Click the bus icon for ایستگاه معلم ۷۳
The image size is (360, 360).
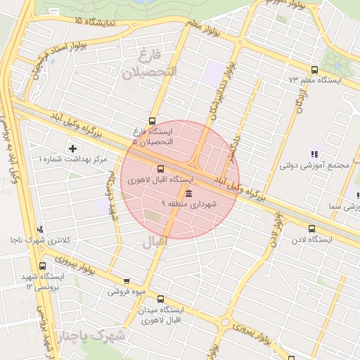[314, 70]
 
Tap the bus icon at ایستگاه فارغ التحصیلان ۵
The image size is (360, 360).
[153, 121]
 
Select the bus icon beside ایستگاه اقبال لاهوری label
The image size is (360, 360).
[161, 169]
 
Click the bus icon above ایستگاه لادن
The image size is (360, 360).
[311, 229]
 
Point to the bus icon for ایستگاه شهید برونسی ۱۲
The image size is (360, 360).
[43, 266]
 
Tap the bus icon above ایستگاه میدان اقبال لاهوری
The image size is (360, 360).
[160, 299]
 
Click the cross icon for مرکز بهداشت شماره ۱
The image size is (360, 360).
[72, 148]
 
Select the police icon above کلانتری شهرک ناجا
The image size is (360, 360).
[40, 229]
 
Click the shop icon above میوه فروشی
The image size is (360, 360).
[126, 281]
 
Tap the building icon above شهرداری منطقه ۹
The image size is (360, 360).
[188, 193]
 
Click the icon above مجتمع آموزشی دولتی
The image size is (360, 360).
[314, 154]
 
